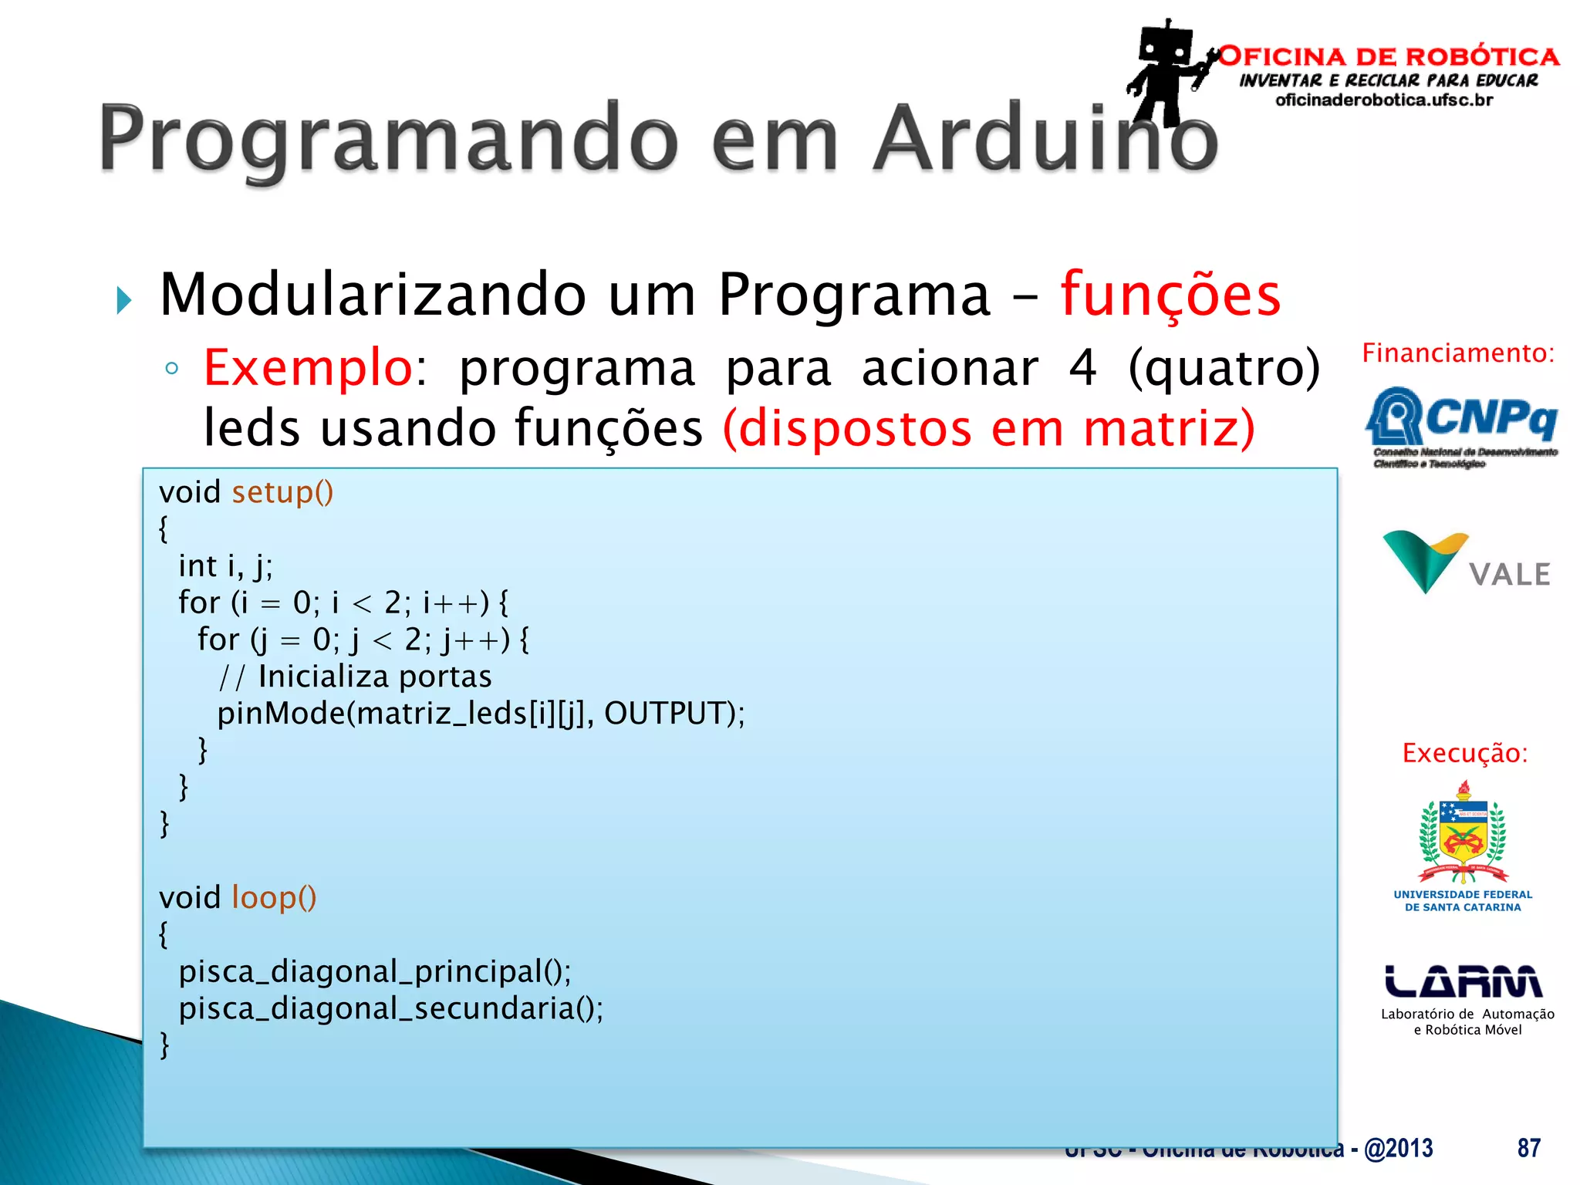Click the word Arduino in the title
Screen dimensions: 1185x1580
click(x=1045, y=139)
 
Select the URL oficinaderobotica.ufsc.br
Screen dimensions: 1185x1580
click(x=1384, y=100)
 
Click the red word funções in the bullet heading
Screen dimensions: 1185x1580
click(x=1170, y=295)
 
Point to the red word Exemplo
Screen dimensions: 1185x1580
click(x=308, y=368)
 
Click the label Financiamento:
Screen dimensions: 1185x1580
click(x=1457, y=353)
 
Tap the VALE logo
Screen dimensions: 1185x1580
click(x=1466, y=563)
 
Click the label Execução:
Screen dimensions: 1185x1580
click(x=1464, y=753)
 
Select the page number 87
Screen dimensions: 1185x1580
click(x=1528, y=1148)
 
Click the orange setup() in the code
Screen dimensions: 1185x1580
click(x=282, y=492)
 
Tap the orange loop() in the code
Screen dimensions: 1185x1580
click(x=274, y=897)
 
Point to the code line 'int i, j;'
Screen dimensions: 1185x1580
click(x=225, y=566)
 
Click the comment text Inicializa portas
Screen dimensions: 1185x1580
click(x=374, y=677)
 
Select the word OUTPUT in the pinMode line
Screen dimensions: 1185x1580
click(x=665, y=714)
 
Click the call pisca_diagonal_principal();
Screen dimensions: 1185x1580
click(x=375, y=971)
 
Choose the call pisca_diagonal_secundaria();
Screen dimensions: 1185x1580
click(x=390, y=1008)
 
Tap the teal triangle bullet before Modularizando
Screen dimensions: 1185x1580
click(x=124, y=300)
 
